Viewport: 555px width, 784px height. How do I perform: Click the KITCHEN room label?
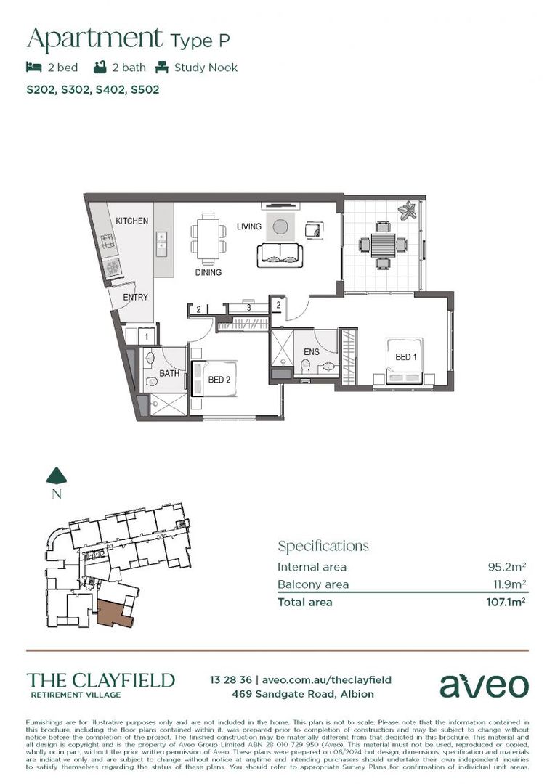[x=131, y=221]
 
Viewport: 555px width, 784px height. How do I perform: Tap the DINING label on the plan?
[x=208, y=273]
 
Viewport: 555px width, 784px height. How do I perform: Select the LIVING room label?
[x=248, y=227]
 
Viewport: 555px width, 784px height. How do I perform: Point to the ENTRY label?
[x=135, y=298]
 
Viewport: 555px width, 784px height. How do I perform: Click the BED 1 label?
[x=405, y=358]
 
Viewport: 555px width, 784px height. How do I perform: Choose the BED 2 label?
[x=219, y=380]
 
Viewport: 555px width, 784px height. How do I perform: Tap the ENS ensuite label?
[x=311, y=352]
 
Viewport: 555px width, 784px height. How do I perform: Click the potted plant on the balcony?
[x=407, y=211]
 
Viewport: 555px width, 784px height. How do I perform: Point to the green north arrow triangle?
[x=57, y=475]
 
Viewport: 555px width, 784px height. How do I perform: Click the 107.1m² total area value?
[x=505, y=602]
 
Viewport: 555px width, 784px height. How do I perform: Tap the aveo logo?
[x=484, y=685]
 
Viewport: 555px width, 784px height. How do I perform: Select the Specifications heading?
[x=323, y=546]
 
